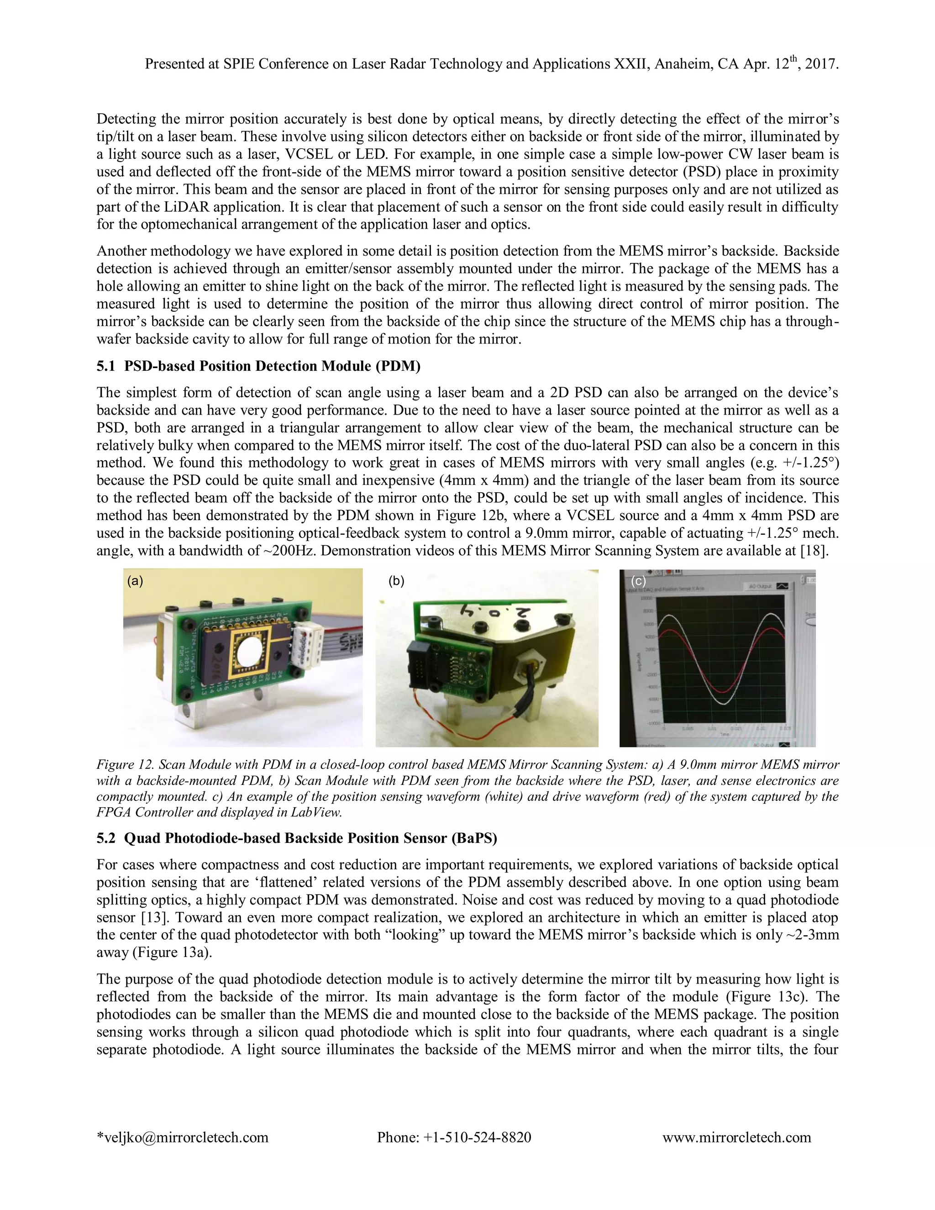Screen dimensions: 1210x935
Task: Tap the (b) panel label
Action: (397, 581)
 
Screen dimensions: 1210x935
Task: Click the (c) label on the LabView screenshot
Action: (639, 581)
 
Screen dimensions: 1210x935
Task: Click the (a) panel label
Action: (135, 581)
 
